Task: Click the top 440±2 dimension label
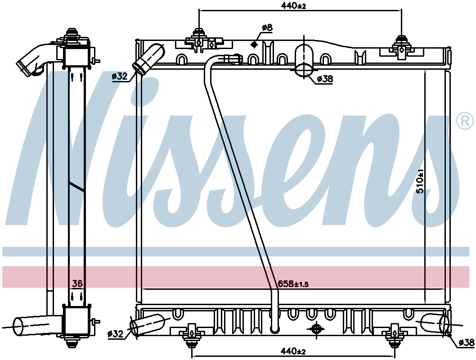(x=293, y=5)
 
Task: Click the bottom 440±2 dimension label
(x=293, y=351)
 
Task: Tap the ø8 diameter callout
(x=267, y=27)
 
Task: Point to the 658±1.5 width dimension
(x=293, y=284)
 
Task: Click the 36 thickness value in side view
(x=77, y=283)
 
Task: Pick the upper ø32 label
(x=119, y=76)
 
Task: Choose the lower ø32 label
(x=115, y=334)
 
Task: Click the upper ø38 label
(x=325, y=79)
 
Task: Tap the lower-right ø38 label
(x=467, y=342)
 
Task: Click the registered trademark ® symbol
(x=465, y=121)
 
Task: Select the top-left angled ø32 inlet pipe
(x=148, y=59)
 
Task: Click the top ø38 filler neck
(x=304, y=60)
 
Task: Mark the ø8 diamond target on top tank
(x=254, y=44)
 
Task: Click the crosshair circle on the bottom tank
(x=316, y=328)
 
